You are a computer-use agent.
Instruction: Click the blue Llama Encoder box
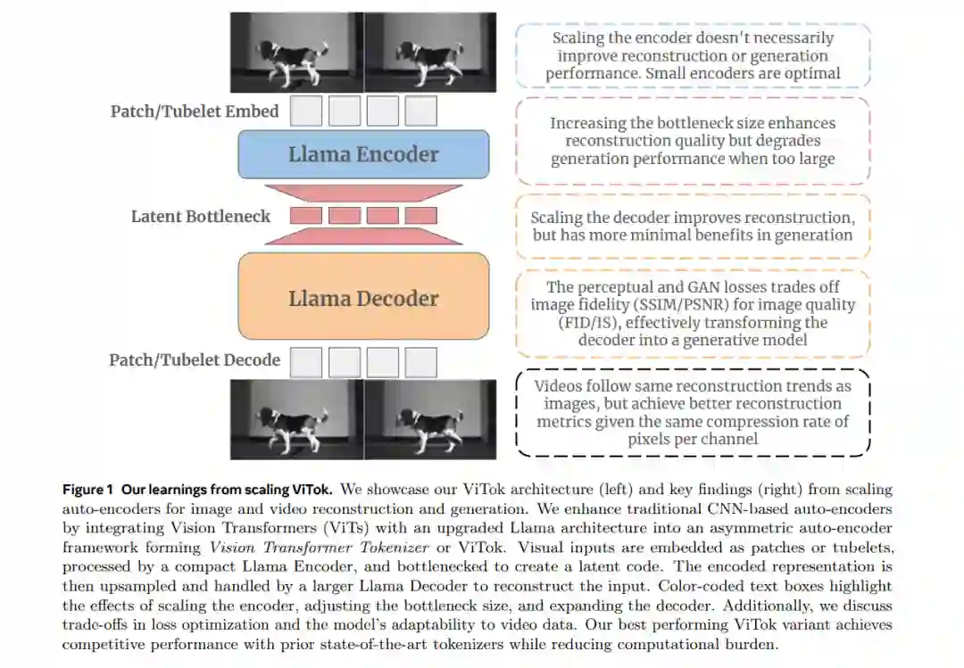coord(363,154)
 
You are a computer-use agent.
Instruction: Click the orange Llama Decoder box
coord(363,298)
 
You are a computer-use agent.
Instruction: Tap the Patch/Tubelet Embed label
coord(195,111)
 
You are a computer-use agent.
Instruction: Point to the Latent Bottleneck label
coord(201,216)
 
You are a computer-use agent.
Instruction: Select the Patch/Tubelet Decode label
coord(195,360)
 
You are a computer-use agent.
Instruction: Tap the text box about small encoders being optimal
coord(693,55)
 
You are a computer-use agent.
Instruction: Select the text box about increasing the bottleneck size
coord(693,141)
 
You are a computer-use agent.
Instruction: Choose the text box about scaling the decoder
coord(693,227)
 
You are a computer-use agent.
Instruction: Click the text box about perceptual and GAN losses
coord(693,313)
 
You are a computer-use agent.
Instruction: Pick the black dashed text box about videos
coord(693,412)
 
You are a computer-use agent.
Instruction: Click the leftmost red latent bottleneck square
coord(306,215)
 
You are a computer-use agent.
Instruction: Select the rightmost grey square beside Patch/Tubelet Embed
coord(420,111)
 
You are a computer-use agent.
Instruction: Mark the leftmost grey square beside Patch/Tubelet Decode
coord(306,362)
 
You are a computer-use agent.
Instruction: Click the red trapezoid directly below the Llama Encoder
coord(363,193)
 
